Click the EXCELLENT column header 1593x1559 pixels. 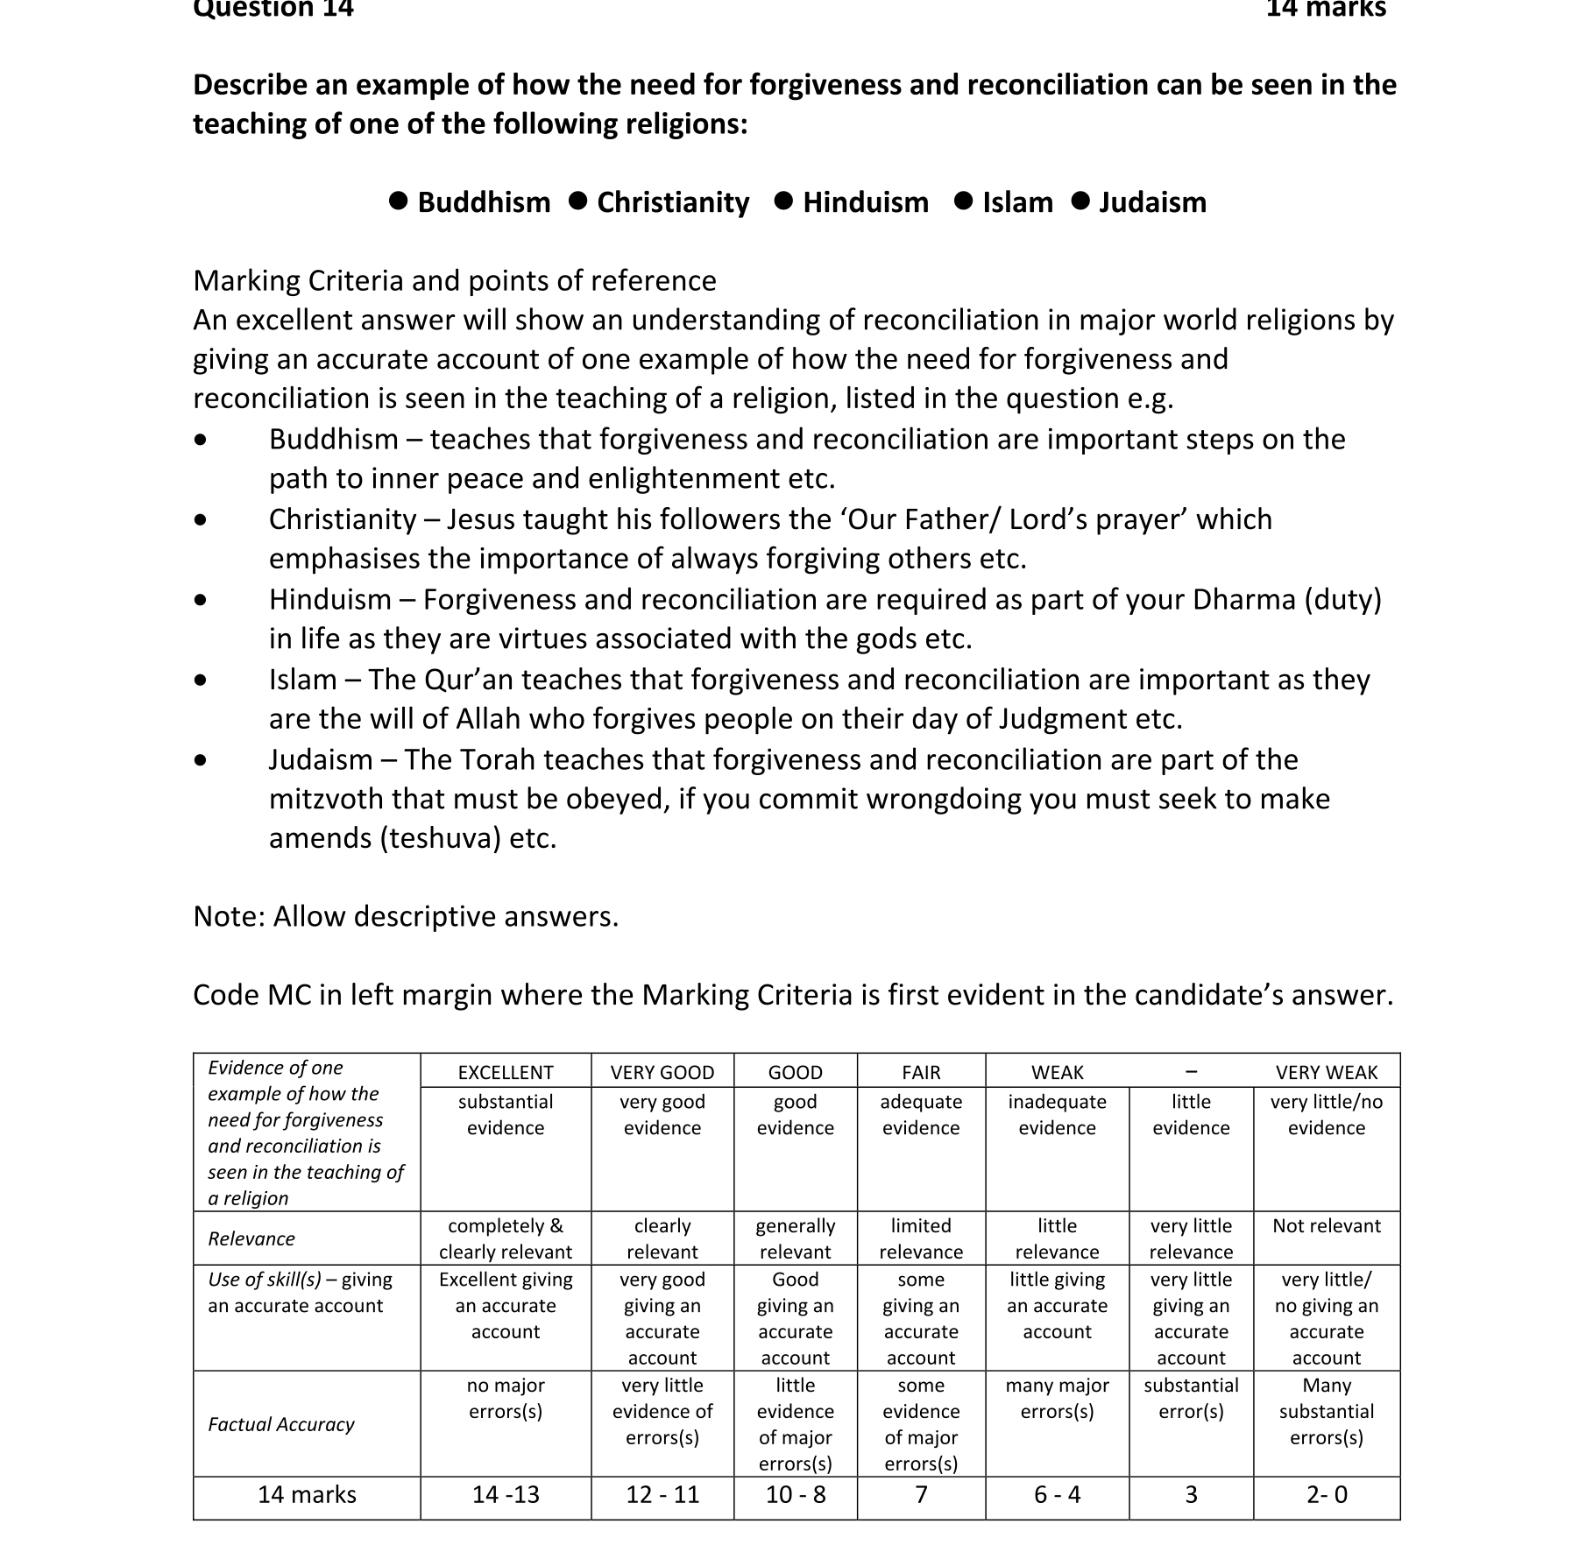[506, 1072]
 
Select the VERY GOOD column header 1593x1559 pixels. [662, 1072]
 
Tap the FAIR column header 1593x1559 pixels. [921, 1072]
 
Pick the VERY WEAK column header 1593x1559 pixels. [1326, 1072]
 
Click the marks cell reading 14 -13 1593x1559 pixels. [506, 1494]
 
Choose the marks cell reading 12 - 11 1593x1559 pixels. [662, 1494]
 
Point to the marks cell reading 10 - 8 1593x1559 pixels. [796, 1494]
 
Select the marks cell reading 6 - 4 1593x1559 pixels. [1057, 1494]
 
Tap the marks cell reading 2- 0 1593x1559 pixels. [1327, 1494]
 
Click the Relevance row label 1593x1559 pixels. [251, 1238]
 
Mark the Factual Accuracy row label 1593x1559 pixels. [281, 1424]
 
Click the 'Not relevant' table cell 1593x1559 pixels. [1326, 1225]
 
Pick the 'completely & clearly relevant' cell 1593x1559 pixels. [506, 1238]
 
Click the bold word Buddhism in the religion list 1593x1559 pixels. [484, 202]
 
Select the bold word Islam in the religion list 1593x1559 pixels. [1017, 202]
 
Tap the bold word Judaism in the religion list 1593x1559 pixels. [1152, 202]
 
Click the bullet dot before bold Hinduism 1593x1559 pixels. [784, 201]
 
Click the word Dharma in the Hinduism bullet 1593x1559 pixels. [1243, 599]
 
